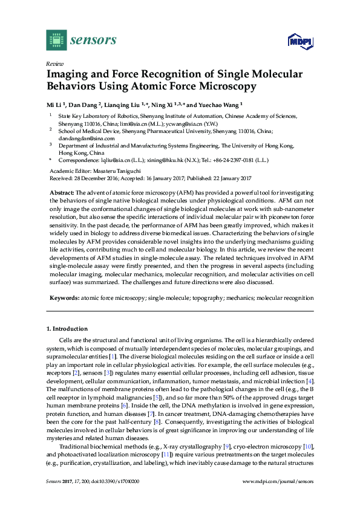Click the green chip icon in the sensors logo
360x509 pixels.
coord(56,41)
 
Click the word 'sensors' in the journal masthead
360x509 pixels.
coord(93,41)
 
